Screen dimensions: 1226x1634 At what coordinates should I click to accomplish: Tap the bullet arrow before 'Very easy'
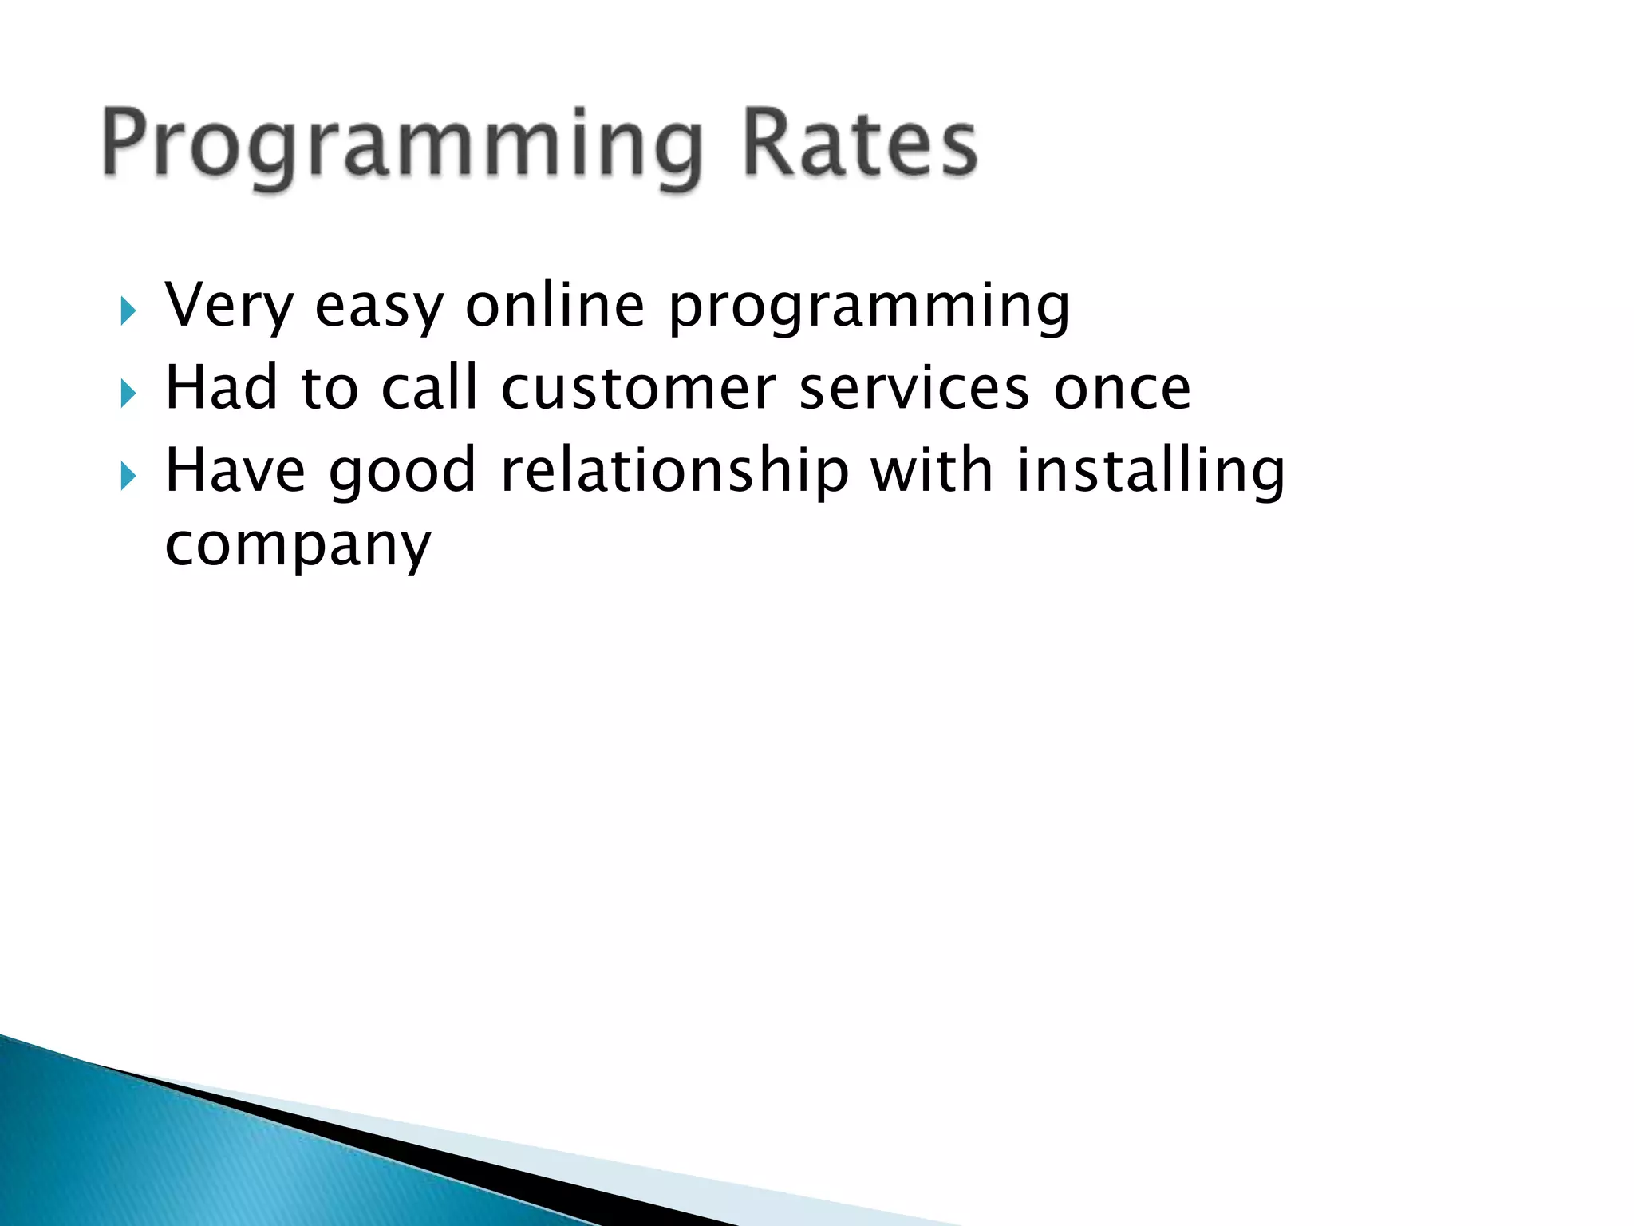pos(128,310)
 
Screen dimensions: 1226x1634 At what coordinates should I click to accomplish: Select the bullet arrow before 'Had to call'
pos(128,393)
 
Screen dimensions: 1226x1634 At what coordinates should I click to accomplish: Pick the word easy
pos(379,308)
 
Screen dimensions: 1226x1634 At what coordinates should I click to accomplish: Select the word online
pos(555,305)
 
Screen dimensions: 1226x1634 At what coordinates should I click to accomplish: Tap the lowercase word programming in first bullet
pos(869,308)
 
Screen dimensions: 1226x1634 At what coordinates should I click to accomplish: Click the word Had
pos(221,388)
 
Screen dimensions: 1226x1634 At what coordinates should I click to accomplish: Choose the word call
pos(429,388)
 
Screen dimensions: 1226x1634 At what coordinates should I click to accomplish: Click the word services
pos(914,390)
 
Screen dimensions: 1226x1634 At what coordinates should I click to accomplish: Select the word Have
pos(235,471)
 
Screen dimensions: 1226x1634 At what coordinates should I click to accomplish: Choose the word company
pos(298,548)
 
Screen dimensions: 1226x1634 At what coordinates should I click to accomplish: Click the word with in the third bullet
pos(932,471)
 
